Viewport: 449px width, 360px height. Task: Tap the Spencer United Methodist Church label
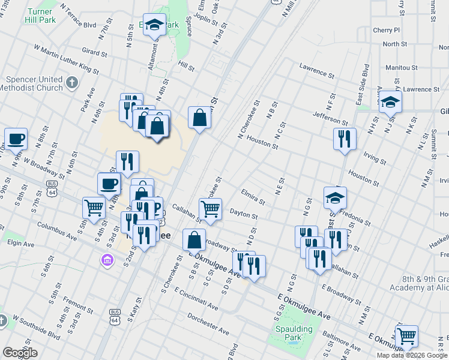point(34,83)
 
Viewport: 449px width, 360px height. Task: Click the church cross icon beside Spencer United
point(71,82)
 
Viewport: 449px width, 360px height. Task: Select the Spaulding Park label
point(294,333)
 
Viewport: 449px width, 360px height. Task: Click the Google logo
point(20,353)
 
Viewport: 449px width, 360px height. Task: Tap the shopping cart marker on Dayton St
point(210,209)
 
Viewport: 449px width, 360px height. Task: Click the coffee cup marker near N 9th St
point(16,139)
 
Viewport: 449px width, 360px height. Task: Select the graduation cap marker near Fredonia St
point(336,197)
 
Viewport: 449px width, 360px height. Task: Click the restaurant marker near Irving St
point(345,139)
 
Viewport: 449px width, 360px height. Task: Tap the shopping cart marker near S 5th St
point(94,208)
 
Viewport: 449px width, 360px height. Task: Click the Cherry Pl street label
point(386,30)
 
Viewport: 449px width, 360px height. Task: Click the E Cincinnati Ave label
point(196,298)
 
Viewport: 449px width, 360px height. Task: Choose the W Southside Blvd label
point(35,323)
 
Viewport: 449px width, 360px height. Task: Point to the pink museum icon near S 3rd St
point(107,260)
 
